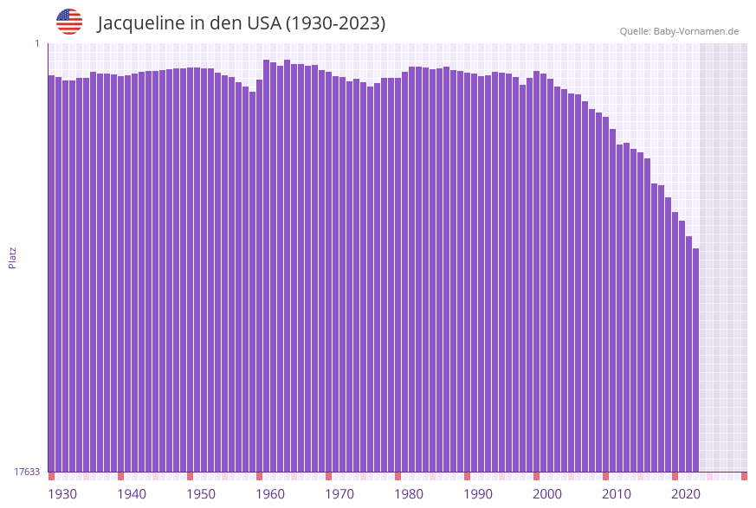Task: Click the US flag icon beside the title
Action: click(x=69, y=22)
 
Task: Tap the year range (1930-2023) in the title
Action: click(x=335, y=23)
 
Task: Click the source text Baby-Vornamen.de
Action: click(x=696, y=31)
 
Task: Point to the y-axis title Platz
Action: click(x=12, y=257)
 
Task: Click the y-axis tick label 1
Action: click(x=37, y=43)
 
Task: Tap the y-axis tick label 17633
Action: click(x=27, y=472)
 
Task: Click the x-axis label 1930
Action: click(x=61, y=494)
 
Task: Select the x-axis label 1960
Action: click(x=270, y=494)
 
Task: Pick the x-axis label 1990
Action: click(x=478, y=494)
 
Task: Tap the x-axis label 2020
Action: click(x=686, y=494)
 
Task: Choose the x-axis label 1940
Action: click(x=132, y=494)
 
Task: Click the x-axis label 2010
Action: click(x=617, y=494)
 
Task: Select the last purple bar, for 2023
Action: click(x=695, y=359)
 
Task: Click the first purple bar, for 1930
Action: click(x=51, y=273)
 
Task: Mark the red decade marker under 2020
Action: click(x=675, y=476)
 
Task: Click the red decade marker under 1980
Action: click(x=397, y=476)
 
